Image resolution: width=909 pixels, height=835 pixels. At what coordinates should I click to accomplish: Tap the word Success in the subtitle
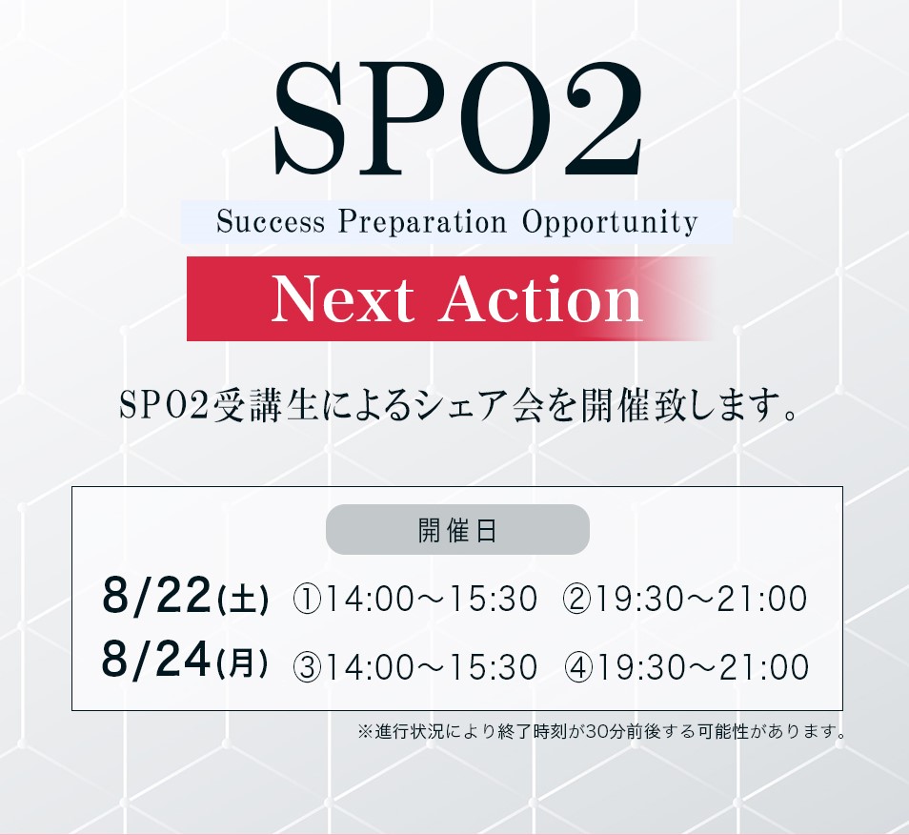tap(271, 221)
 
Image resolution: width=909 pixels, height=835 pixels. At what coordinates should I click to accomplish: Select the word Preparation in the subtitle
tap(423, 222)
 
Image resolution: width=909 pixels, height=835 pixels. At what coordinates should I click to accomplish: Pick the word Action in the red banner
tap(540, 298)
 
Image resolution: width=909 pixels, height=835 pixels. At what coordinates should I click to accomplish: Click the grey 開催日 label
tap(457, 529)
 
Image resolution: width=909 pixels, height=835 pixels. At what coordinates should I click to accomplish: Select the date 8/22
tap(155, 595)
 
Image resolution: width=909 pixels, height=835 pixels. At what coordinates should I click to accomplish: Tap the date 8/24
tap(155, 660)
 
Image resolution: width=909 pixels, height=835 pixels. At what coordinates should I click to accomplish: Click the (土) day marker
tap(242, 600)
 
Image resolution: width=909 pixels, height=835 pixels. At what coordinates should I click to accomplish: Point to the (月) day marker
tap(242, 663)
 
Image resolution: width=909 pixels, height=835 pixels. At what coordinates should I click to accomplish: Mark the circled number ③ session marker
tap(307, 667)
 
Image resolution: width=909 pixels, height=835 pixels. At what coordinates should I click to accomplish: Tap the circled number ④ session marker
tap(578, 667)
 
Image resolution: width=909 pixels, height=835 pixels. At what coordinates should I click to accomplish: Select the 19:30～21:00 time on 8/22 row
tap(700, 599)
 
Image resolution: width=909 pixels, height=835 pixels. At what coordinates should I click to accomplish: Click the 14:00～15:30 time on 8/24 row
tap(431, 667)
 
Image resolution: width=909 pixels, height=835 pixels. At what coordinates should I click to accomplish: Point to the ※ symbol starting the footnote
tap(364, 731)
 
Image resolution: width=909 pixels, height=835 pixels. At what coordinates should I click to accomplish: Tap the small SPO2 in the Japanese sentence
tap(164, 405)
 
